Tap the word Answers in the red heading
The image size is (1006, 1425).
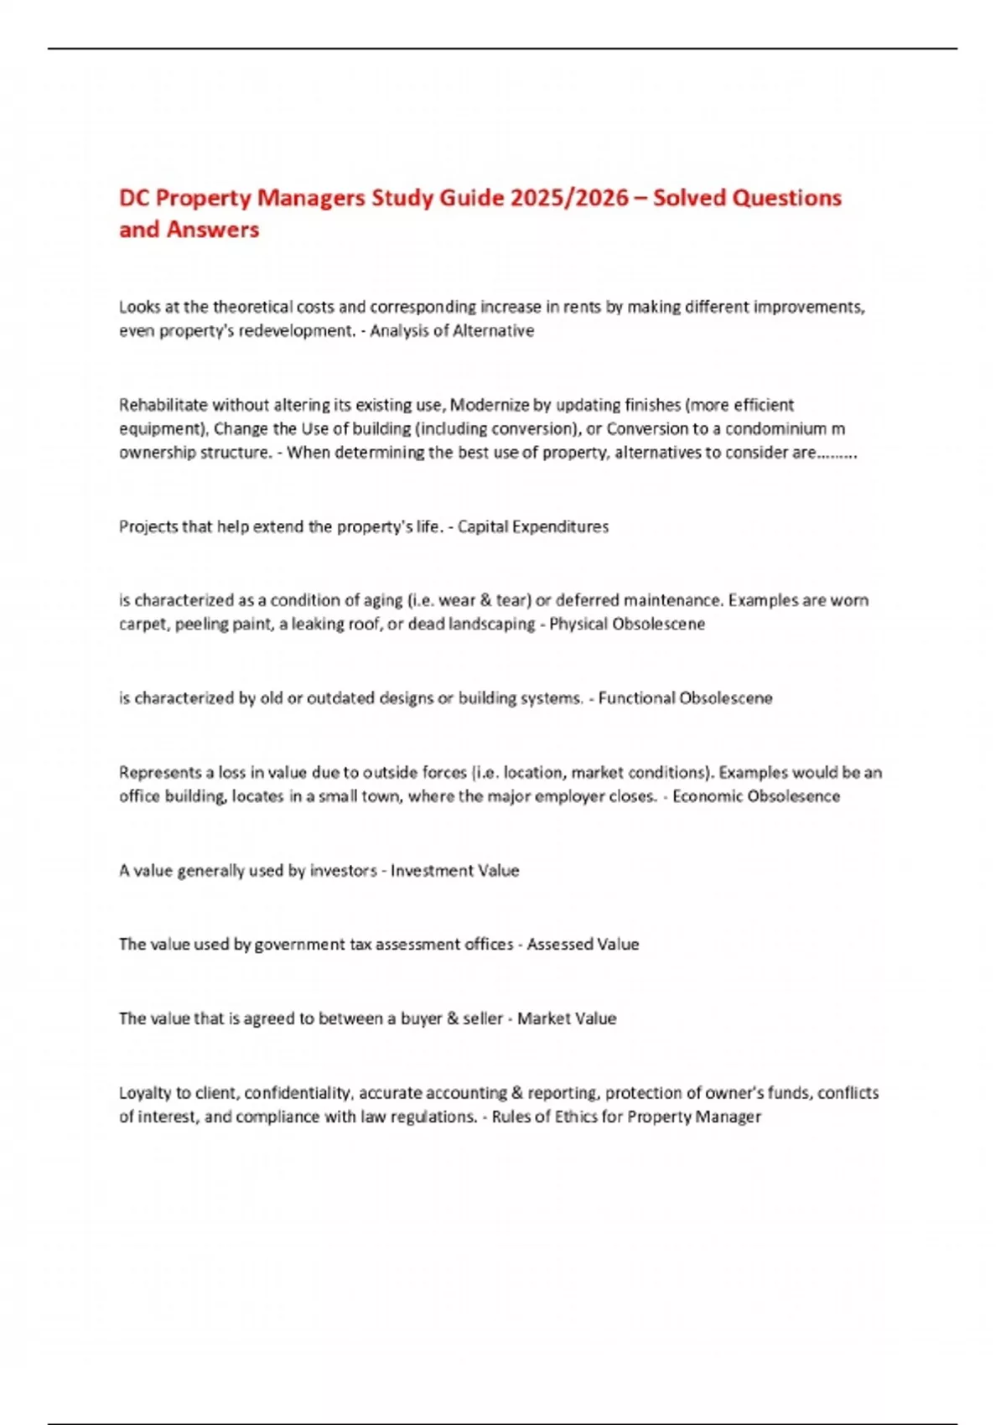coord(212,230)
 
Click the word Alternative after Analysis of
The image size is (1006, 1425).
coord(493,330)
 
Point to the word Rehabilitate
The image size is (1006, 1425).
coord(163,405)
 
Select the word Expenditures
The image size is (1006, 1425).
coord(560,526)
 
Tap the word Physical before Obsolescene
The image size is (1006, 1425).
coord(578,624)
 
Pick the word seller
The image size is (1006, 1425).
coord(483,1018)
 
